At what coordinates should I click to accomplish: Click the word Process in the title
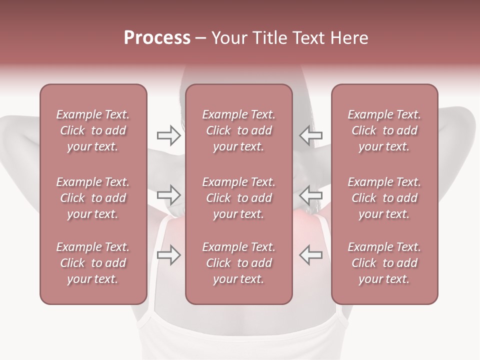tap(157, 38)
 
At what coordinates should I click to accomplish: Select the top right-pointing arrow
tap(169, 135)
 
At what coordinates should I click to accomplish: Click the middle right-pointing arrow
tap(169, 194)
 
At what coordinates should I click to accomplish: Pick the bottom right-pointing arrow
tap(169, 254)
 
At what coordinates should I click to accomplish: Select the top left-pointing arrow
tap(310, 135)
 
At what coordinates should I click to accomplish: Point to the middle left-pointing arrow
tap(310, 194)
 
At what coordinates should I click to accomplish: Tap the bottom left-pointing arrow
tap(310, 254)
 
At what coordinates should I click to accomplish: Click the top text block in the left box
tap(93, 130)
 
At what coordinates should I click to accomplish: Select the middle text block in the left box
tap(93, 198)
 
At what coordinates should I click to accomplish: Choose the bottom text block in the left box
tap(93, 263)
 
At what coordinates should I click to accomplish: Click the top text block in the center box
tap(238, 130)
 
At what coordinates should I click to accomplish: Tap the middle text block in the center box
tap(238, 198)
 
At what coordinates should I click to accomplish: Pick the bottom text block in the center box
tap(238, 263)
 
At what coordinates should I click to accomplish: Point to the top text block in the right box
tap(384, 130)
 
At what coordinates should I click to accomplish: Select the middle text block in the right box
tap(384, 198)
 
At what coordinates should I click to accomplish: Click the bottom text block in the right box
tap(384, 263)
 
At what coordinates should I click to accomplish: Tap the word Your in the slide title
tap(229, 38)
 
